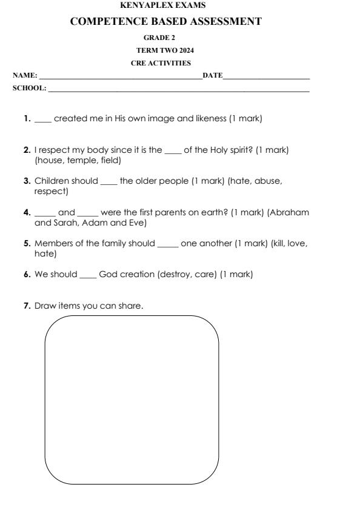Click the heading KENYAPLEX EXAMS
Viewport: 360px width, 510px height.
[180, 5]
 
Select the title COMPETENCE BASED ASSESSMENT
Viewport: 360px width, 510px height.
[175, 22]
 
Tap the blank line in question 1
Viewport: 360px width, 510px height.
[43, 120]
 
